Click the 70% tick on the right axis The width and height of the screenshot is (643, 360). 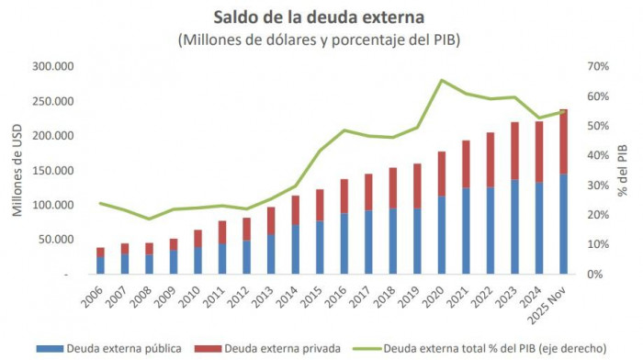[x=600, y=67]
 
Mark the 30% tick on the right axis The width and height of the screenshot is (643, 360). [x=600, y=186]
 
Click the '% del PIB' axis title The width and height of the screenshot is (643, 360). [x=624, y=171]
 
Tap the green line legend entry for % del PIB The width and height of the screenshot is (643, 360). [x=482, y=349]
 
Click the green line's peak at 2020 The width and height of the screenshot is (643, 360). [x=442, y=80]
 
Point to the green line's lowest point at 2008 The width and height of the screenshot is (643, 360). [x=149, y=219]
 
